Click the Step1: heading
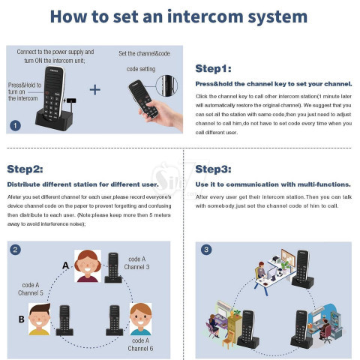213,68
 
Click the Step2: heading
25,169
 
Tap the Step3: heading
213,169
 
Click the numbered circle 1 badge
15,125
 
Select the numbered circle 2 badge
15,250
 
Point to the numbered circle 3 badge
206,250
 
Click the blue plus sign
95,90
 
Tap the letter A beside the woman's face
65,265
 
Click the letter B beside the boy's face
22,319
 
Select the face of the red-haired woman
88,266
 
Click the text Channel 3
136,267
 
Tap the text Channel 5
31,292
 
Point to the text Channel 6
140,348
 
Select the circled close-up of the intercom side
166,85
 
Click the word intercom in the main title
205,16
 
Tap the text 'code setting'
141,69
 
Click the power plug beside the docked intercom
71,101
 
